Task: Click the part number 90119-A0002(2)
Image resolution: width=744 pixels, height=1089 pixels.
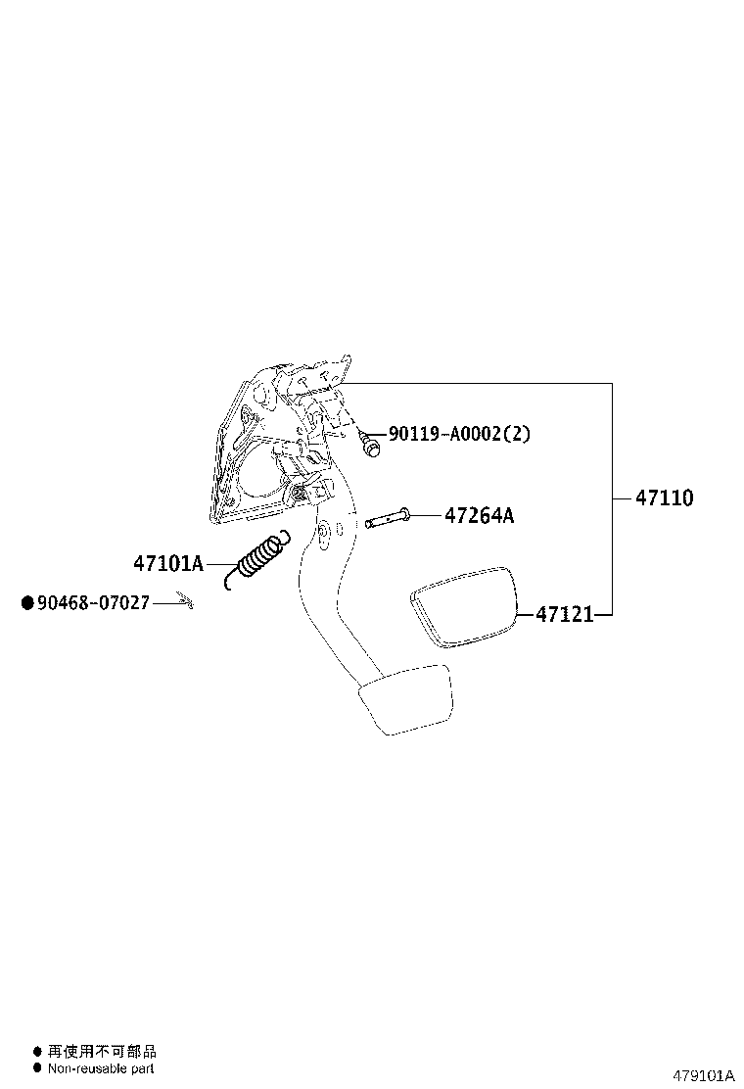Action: point(459,433)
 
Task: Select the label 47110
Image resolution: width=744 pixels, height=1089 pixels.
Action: point(664,497)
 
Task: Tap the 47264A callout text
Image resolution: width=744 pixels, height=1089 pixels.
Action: point(479,515)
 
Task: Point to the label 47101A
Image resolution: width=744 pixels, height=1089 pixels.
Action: point(167,563)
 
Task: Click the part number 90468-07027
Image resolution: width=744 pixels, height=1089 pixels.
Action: point(93,603)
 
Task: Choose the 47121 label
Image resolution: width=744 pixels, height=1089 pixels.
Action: point(564,614)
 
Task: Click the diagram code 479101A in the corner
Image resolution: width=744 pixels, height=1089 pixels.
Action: point(702,1074)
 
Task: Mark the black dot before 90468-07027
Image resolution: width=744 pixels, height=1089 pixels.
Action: point(27,603)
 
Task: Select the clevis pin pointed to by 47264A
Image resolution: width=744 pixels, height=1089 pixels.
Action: point(389,518)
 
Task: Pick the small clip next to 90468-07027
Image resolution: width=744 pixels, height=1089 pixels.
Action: point(186,600)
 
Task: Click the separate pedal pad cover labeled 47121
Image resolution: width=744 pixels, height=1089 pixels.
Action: point(463,605)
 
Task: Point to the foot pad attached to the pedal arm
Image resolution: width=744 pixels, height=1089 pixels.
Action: point(405,698)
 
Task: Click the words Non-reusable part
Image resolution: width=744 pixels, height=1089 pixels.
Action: point(101,1069)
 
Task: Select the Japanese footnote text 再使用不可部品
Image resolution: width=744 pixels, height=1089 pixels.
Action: point(102,1052)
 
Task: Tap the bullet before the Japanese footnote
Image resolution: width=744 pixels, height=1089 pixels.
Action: point(37,1052)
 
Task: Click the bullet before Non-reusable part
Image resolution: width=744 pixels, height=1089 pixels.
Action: point(37,1069)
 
